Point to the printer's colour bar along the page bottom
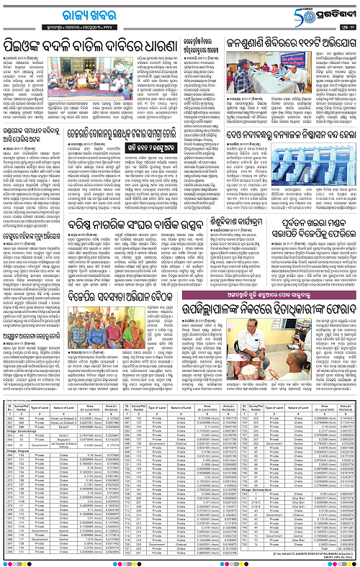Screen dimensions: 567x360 tap(180, 563)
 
